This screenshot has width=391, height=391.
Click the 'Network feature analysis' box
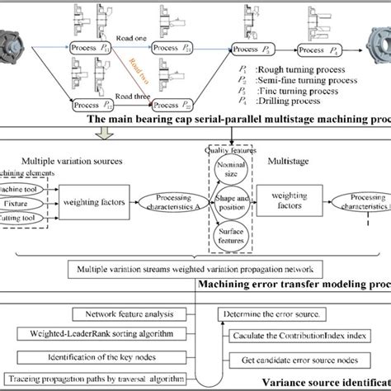(111, 313)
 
